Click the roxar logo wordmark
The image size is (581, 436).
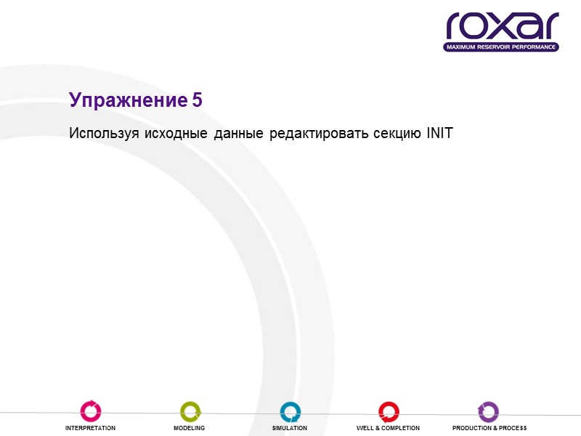coord(502,27)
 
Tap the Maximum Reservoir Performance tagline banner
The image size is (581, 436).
coord(502,47)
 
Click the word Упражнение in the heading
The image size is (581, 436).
coord(129,101)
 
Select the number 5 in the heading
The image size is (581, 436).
coord(198,100)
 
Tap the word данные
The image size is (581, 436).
coord(238,134)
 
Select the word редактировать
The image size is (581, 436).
coord(318,134)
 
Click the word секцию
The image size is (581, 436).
coord(396,134)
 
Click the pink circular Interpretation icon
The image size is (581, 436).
coord(90,411)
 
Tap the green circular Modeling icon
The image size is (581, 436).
coord(190,411)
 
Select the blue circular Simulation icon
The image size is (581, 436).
coord(290,411)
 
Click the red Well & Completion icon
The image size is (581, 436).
coord(388,411)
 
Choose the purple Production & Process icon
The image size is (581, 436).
coord(489,411)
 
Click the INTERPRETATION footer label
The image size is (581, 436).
coord(90,429)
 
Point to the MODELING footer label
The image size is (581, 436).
coord(189,429)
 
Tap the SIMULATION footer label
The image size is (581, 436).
coord(290,429)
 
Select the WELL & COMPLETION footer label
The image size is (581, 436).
coord(388,429)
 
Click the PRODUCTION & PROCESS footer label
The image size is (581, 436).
coord(489,429)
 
